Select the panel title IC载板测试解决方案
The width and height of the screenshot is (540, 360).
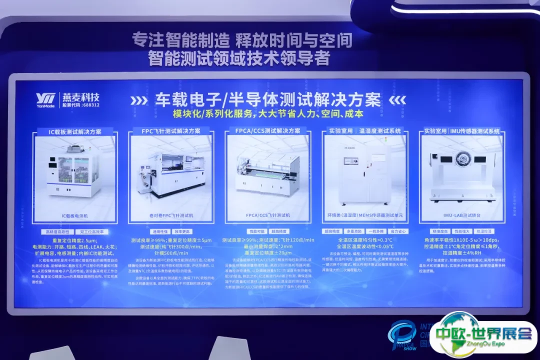point(74,131)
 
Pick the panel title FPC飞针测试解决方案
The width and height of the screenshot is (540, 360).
point(171,131)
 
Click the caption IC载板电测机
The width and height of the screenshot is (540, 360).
point(74,216)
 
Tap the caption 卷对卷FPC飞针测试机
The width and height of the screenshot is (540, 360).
point(171,215)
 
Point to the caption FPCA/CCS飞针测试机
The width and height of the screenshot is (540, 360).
point(268,215)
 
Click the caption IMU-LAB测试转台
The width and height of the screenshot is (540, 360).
point(461,215)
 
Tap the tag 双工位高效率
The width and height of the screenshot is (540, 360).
point(92,232)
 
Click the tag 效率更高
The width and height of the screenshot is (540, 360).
point(183,232)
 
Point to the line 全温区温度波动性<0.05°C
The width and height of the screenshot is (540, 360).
point(365,246)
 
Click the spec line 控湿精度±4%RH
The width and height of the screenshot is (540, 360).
point(461,253)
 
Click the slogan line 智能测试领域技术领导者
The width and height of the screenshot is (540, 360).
point(239,58)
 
